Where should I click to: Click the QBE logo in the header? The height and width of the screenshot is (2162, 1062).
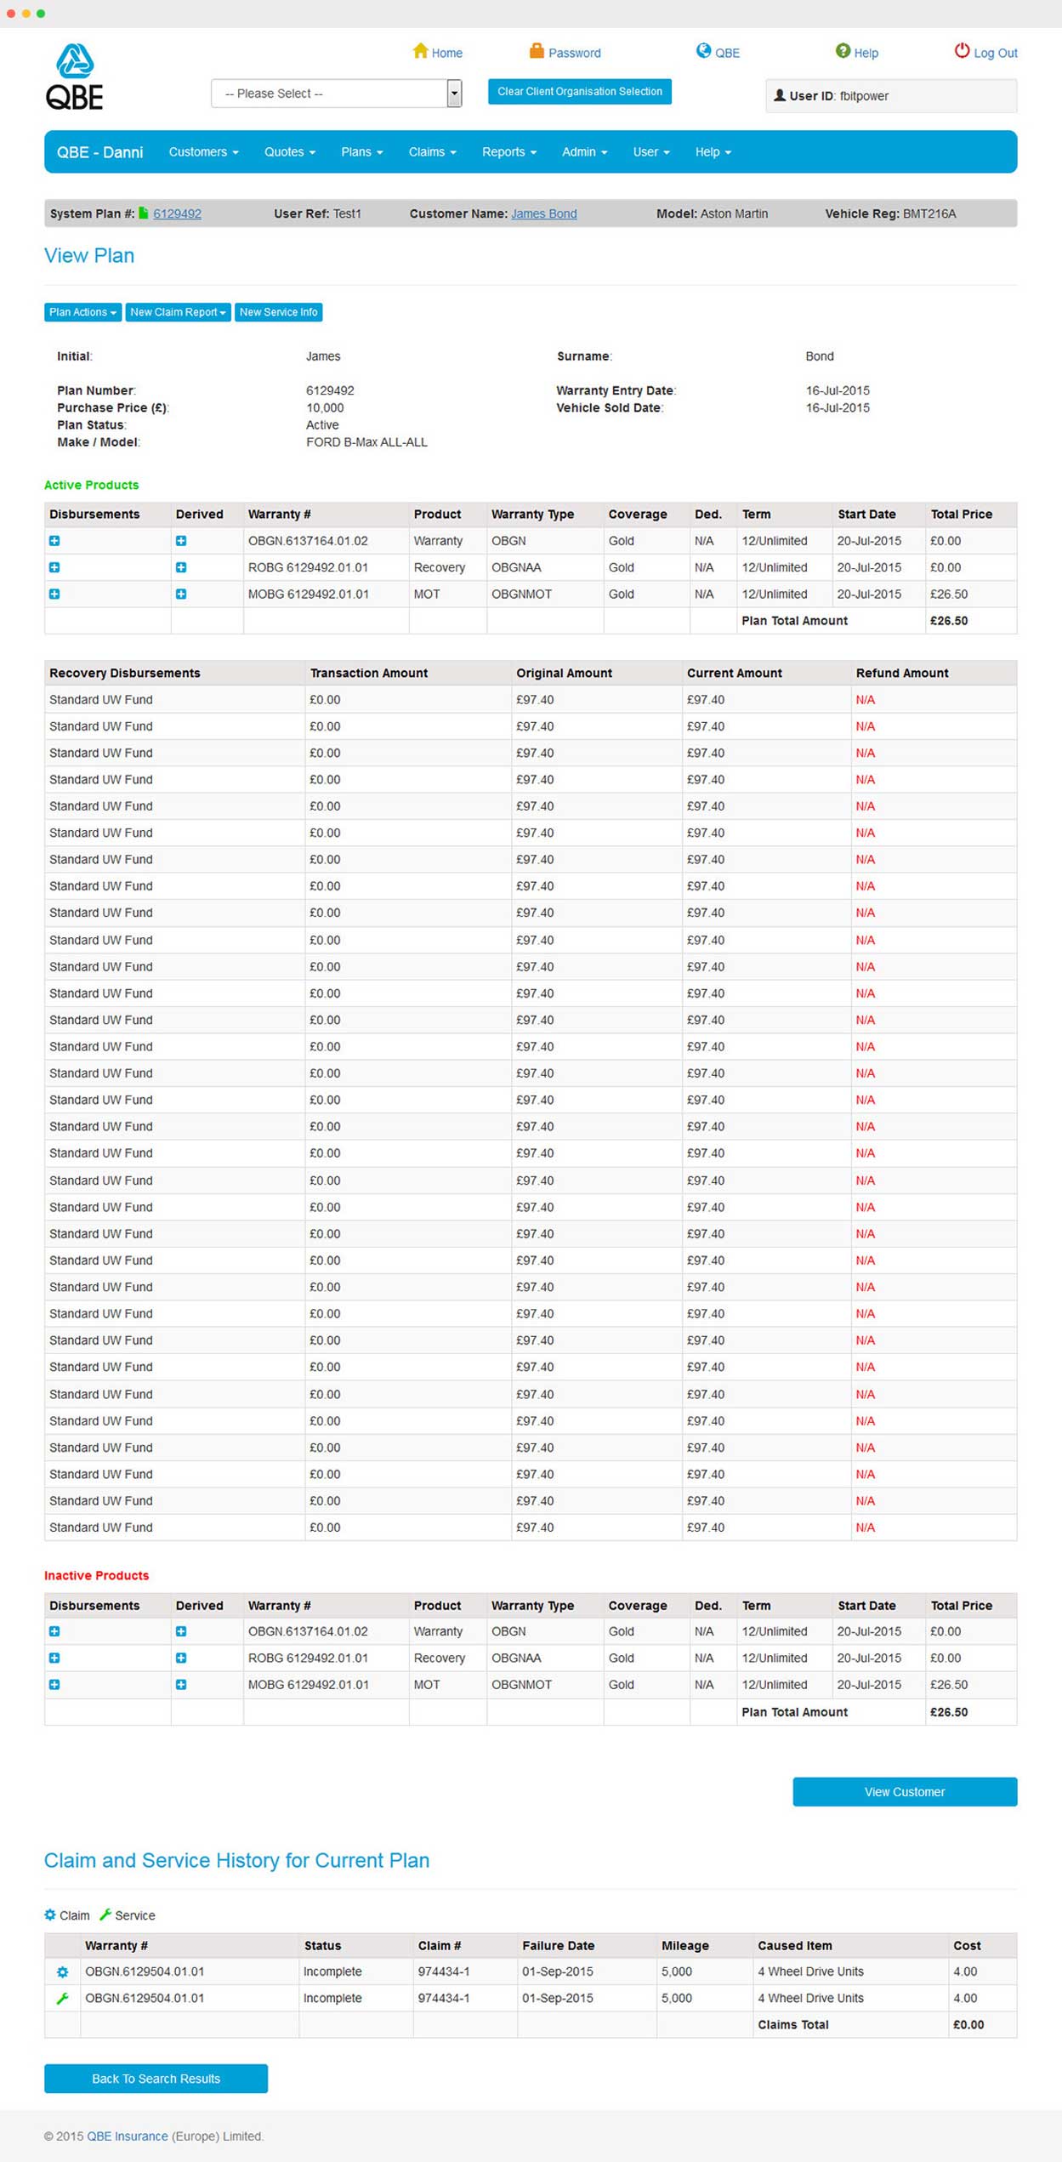[75, 77]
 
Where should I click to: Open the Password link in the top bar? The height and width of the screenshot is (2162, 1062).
[565, 53]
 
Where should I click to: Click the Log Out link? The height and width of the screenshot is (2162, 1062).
[986, 53]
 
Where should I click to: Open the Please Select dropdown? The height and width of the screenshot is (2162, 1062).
[336, 94]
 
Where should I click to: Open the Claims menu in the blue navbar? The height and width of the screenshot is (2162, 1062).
[432, 152]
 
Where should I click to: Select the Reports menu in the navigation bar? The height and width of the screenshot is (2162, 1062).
[508, 152]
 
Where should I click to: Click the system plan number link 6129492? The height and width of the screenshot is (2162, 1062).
[177, 213]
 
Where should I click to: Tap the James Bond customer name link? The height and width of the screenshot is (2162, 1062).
[543, 213]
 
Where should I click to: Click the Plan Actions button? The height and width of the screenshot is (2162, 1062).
[82, 312]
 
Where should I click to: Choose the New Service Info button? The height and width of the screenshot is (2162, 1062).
[278, 312]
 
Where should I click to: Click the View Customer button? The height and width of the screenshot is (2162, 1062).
[904, 1791]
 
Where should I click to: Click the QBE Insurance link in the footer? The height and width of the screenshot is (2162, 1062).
[127, 2136]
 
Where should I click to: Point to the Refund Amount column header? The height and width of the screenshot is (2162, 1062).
[901, 673]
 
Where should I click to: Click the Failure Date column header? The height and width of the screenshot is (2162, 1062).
[558, 1945]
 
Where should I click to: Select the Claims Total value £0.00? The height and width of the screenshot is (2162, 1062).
[968, 2024]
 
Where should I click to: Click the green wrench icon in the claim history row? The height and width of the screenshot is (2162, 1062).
[62, 1998]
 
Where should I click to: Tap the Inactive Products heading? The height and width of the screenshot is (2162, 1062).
[96, 1575]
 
